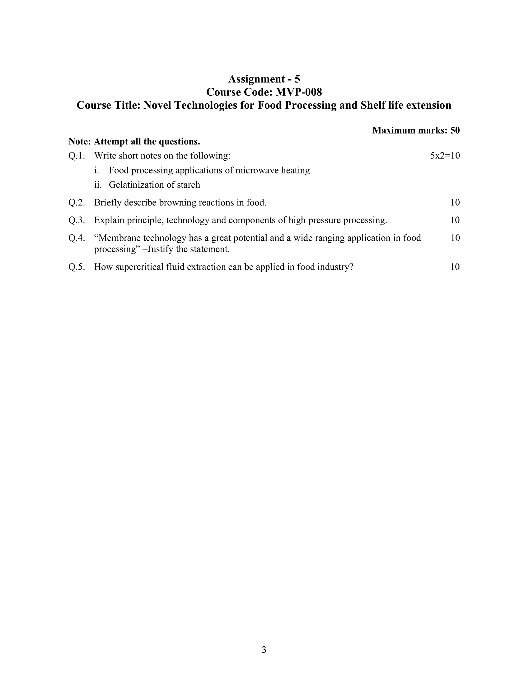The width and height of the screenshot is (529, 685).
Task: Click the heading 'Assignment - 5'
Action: click(264, 79)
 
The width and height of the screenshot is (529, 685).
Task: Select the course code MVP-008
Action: click(299, 92)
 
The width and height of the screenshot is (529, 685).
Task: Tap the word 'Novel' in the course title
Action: click(157, 105)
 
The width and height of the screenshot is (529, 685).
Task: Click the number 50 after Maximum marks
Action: click(455, 130)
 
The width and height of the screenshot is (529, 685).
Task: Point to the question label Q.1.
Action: click(77, 156)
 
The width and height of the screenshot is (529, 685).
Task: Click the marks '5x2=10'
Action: click(445, 156)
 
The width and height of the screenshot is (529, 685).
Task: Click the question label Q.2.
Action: click(77, 203)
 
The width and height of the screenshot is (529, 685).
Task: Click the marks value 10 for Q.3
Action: click(455, 220)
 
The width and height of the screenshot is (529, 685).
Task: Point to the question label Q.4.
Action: click(77, 238)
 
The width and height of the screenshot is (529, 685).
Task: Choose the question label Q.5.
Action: click(77, 267)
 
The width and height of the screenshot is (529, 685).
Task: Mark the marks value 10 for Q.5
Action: click(455, 267)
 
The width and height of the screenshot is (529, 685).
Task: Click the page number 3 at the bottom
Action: click(264, 650)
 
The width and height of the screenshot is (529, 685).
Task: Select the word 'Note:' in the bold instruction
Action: click(80, 142)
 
